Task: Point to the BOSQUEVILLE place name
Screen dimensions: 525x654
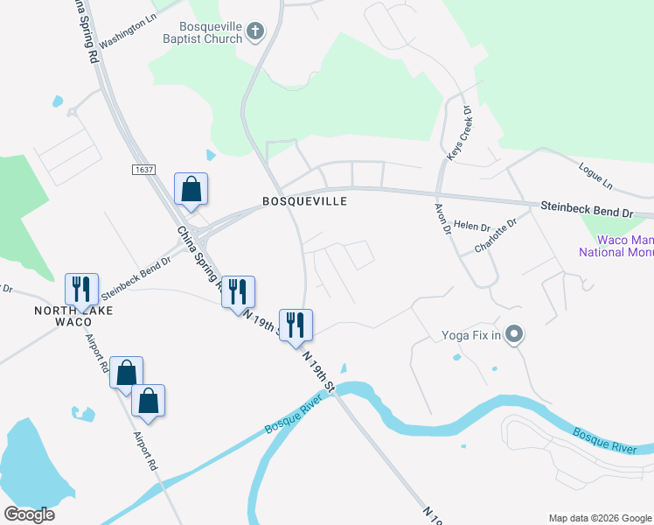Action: pyautogui.click(x=305, y=201)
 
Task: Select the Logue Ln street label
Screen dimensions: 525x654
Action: pyautogui.click(x=595, y=175)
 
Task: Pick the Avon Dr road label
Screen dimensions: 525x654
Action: pyautogui.click(x=442, y=219)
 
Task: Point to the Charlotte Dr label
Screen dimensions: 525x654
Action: pyautogui.click(x=496, y=235)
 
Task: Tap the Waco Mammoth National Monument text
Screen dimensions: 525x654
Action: pyautogui.click(x=616, y=246)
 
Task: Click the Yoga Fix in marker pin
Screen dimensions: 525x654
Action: pyautogui.click(x=515, y=334)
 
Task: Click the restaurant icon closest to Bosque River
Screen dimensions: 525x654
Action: pyautogui.click(x=296, y=325)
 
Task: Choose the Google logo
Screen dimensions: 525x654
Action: pyautogui.click(x=30, y=514)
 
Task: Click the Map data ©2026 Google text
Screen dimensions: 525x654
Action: pyautogui.click(x=599, y=518)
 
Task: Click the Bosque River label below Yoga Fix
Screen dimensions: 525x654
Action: pyautogui.click(x=605, y=440)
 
